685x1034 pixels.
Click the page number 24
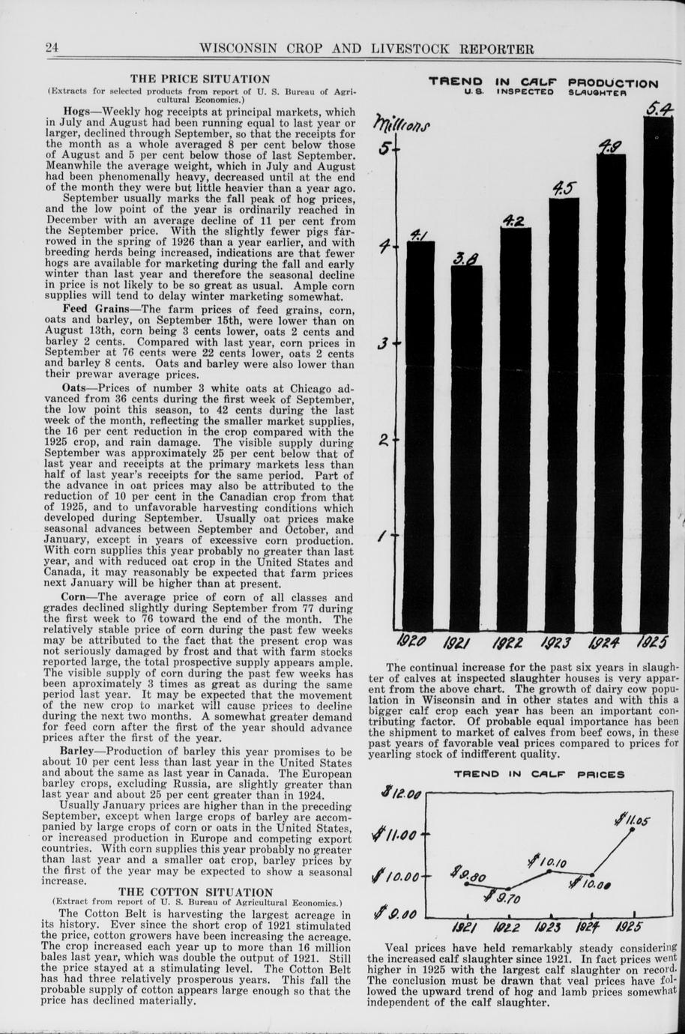(52, 49)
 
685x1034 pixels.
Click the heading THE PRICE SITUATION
(200, 79)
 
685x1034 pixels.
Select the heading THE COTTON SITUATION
(197, 892)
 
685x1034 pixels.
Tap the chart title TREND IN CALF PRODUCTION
(543, 82)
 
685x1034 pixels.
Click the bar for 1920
(420, 435)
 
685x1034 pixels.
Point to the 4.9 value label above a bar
(609, 145)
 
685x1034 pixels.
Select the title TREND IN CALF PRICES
(539, 774)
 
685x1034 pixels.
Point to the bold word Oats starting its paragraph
(75, 388)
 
